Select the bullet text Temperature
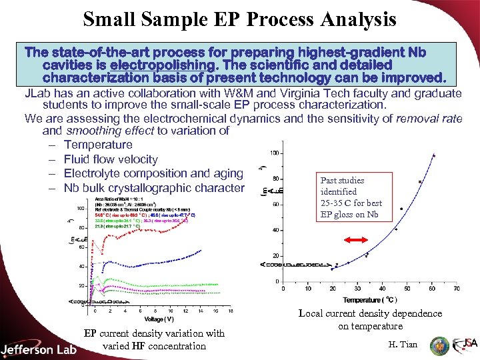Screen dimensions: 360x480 [98, 145]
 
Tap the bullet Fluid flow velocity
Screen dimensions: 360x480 [111, 159]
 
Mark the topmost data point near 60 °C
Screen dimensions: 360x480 [434, 155]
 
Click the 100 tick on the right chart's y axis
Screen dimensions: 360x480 [274, 153]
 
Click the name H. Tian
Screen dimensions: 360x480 [403, 344]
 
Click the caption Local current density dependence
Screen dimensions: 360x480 [370, 313]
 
